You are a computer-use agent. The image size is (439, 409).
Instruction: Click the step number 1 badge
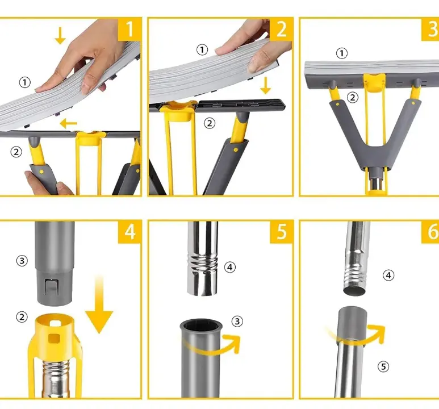point(129,29)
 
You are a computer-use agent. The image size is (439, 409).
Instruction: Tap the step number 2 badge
point(281,29)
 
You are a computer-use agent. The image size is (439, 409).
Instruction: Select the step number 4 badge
point(129,232)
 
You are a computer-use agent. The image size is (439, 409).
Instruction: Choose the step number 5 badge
point(281,232)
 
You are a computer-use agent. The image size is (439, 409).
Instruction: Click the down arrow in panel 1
point(60,36)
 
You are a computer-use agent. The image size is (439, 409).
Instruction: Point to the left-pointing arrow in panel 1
point(69,123)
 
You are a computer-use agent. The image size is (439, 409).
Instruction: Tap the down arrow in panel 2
point(265,85)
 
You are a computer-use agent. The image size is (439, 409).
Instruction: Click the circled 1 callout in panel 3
point(341,53)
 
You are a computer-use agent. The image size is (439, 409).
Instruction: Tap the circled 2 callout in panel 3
point(353,98)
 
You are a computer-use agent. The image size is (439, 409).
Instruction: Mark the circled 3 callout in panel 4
point(22,261)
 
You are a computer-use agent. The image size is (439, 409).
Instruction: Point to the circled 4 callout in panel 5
point(230,267)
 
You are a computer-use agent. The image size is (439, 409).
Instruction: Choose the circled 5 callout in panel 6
point(383,366)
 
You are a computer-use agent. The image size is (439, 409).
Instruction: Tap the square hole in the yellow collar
point(54,339)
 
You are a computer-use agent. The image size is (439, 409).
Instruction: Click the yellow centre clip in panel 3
point(375,82)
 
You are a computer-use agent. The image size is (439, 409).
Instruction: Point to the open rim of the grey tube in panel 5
point(201,325)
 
